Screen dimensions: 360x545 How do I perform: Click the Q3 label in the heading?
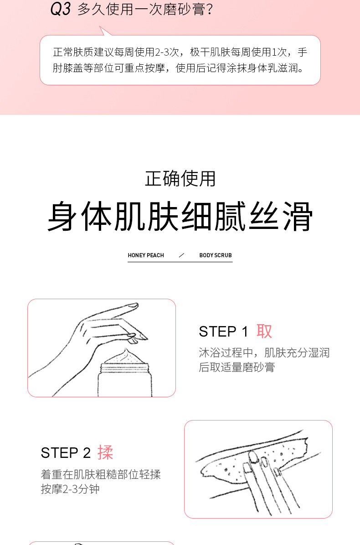click(x=61, y=9)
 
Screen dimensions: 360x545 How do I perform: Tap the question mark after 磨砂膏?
click(x=209, y=10)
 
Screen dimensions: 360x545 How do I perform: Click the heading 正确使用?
click(x=180, y=179)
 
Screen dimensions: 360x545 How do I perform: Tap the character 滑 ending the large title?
click(x=298, y=216)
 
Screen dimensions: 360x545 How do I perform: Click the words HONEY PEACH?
click(x=146, y=255)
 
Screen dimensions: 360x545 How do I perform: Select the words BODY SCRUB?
click(x=216, y=255)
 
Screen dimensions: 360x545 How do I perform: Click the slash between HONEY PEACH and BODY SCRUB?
click(x=181, y=255)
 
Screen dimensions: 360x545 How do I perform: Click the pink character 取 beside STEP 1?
click(x=264, y=331)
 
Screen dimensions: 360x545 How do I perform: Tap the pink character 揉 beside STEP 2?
click(x=105, y=452)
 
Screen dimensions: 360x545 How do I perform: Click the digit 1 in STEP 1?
click(x=245, y=332)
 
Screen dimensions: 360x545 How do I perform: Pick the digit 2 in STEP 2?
click(x=87, y=453)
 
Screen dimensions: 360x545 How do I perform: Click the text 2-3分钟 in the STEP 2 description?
click(x=70, y=489)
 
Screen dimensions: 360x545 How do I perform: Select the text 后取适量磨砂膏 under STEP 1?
click(x=237, y=367)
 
